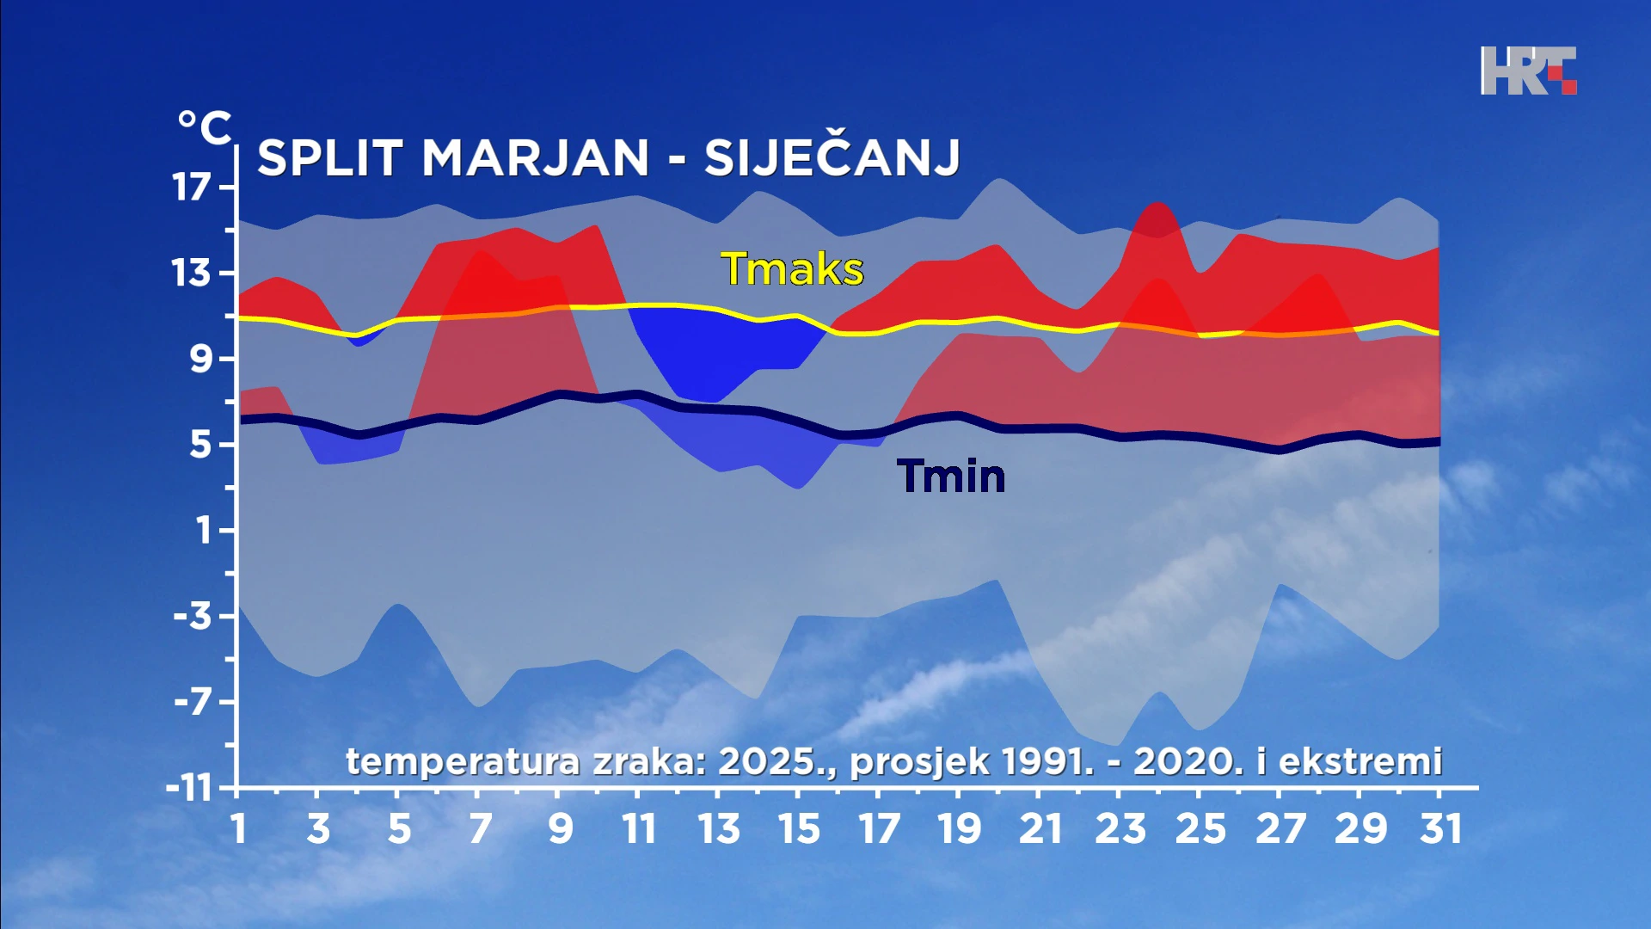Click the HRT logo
pos(1528,71)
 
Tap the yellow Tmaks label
pos(792,269)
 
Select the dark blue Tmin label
pos(950,476)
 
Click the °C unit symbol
pos(204,128)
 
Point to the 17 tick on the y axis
pos(192,187)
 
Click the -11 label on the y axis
pos(189,788)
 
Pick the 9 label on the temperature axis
pos(200,358)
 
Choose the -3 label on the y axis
pos(193,616)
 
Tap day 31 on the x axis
pos(1440,829)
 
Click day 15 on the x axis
pos(799,829)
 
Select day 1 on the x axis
pos(238,829)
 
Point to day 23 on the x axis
pos(1120,829)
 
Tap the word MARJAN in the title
pos(535,158)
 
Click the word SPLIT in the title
pos(330,158)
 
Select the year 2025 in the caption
pos(766,761)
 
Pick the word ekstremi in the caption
pos(1359,761)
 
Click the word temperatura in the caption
pos(463,761)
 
